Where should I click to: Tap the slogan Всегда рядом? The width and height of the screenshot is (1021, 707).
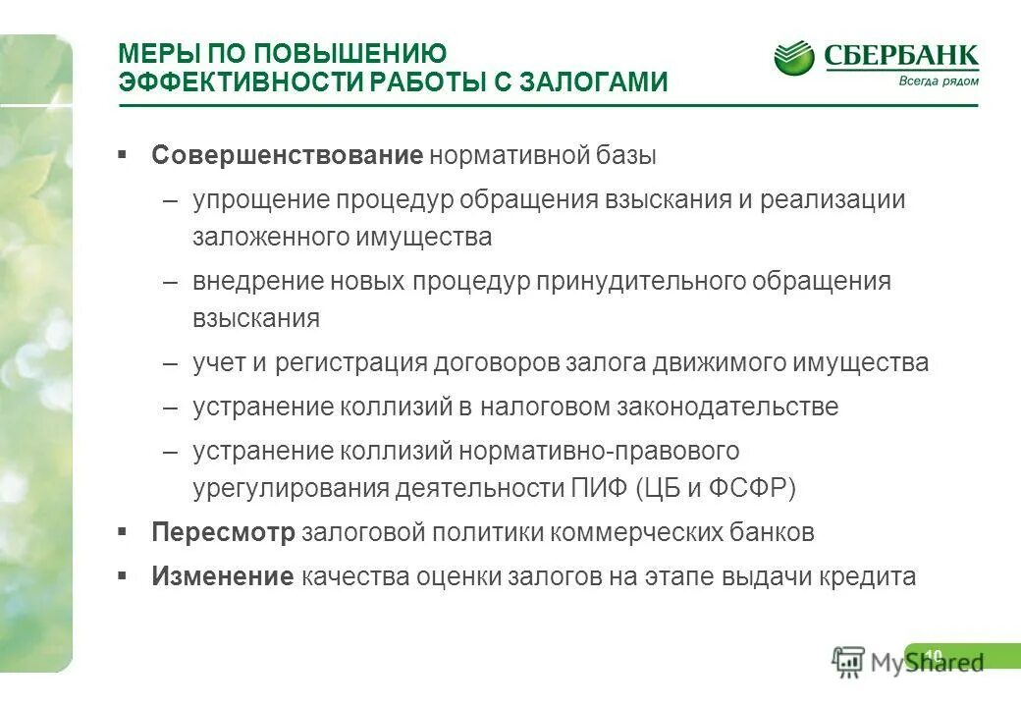[x=939, y=82]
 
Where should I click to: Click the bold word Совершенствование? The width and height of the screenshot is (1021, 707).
[x=287, y=156]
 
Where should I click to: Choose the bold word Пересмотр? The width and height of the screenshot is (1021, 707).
[x=223, y=533]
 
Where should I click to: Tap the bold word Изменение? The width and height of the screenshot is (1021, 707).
[x=223, y=576]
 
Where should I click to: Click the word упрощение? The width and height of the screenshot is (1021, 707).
[x=260, y=200]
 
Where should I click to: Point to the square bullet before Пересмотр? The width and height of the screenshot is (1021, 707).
[x=122, y=531]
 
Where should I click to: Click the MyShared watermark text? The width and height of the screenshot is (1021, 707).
[x=927, y=662]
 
